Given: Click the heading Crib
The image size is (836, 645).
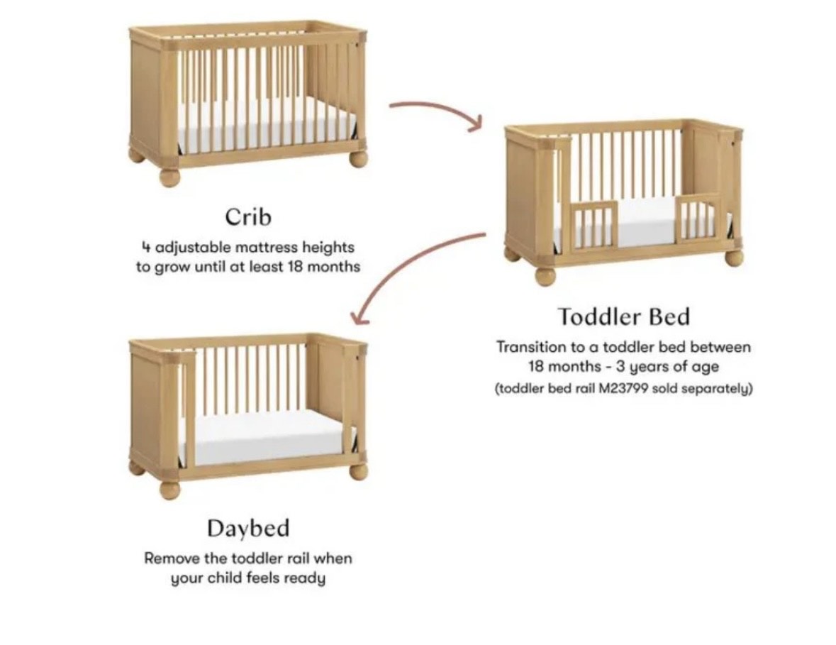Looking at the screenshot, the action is (248, 216).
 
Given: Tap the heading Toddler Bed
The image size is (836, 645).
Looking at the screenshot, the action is (624, 316).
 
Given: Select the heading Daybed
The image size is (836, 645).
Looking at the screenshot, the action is (248, 528).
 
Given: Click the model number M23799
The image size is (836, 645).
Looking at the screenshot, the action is (623, 388).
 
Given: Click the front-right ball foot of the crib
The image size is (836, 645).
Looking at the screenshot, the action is (358, 159).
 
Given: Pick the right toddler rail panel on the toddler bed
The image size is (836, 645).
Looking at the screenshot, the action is (698, 219).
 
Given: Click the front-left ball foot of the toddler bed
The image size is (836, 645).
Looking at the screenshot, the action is (545, 276).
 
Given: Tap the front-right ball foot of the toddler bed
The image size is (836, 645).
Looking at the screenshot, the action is (734, 257).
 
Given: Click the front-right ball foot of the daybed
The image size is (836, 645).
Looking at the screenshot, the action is (358, 472).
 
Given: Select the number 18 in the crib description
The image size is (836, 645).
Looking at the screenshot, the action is (295, 266).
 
